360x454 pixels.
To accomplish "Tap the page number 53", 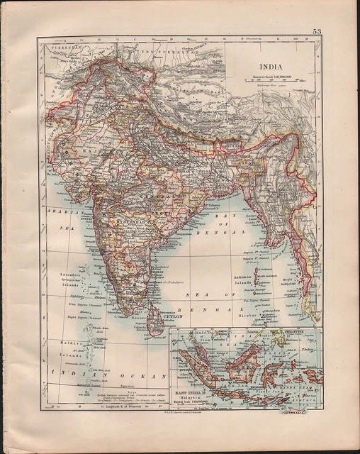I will point(316,31).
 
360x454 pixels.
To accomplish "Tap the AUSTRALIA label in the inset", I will point(306,409).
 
